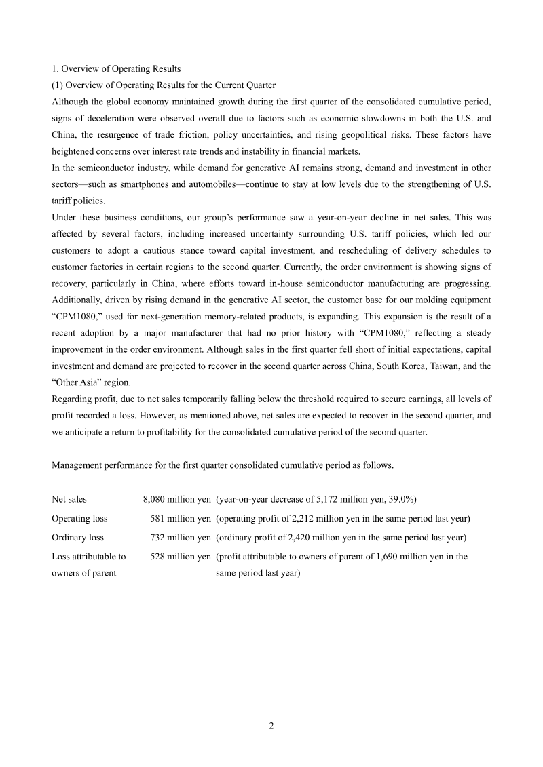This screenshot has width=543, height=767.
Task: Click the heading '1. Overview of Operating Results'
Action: coord(116,68)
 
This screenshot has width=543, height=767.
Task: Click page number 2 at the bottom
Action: coord(271,726)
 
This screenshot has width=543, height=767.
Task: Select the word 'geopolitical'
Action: coord(371,134)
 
